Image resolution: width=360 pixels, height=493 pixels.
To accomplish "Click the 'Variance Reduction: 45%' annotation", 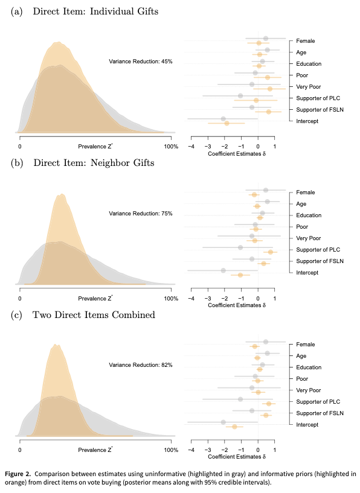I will tap(141, 62).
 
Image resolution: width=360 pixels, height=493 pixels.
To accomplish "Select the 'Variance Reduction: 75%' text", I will tap(141, 213).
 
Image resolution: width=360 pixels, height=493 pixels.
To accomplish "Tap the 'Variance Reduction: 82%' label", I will tap(141, 365).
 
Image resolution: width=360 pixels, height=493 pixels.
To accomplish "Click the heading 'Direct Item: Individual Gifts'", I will tap(95, 12).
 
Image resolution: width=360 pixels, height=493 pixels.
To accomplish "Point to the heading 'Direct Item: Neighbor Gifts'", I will tap(94, 163).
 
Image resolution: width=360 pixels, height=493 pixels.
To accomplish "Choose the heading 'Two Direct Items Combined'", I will tap(94, 315).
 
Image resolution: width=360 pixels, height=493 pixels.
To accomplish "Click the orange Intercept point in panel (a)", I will tap(227, 123).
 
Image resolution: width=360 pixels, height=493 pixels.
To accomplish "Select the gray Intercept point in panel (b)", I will tap(223, 270).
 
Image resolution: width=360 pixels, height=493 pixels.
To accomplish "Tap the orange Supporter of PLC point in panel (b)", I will tap(270, 252).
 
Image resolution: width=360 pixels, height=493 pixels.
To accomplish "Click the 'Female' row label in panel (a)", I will tap(305, 41).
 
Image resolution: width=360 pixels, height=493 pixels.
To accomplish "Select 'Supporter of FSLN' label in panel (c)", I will tap(319, 413).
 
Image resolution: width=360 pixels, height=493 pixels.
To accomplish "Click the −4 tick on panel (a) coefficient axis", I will tap(191, 146).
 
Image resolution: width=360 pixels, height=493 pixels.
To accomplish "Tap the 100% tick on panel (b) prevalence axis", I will tap(171, 298).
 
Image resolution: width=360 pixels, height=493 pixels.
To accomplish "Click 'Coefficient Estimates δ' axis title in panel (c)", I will tap(236, 457).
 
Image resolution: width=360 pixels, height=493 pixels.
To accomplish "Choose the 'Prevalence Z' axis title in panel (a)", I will tap(95, 146).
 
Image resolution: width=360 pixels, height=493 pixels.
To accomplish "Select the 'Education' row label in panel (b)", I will tap(309, 215).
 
